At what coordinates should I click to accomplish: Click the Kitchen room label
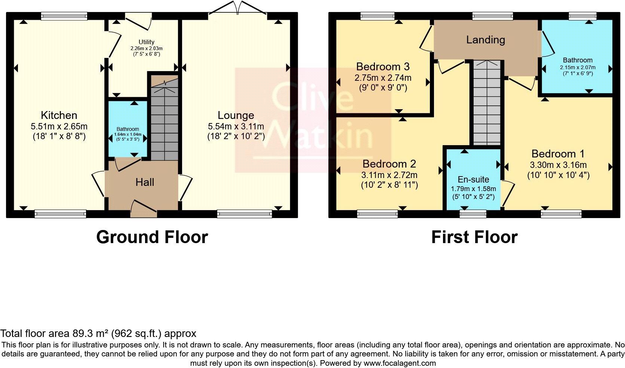59,115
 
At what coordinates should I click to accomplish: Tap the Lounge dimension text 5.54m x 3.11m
236,126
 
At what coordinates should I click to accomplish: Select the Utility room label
146,42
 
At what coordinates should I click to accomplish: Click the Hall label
145,182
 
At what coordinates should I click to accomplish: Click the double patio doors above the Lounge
237,9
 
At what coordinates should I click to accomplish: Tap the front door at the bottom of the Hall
144,208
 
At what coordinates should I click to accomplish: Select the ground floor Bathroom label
127,129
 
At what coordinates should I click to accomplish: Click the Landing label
485,40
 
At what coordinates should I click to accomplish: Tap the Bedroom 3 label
382,67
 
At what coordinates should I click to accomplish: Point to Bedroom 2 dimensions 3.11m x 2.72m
389,175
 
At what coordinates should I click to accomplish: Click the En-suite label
473,180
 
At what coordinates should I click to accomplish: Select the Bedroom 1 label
558,154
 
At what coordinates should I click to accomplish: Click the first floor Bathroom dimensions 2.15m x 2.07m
578,67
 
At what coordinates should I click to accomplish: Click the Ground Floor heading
152,237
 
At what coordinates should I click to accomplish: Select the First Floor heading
474,237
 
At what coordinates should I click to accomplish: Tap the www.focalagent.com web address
399,363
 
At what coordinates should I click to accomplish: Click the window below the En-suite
473,214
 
